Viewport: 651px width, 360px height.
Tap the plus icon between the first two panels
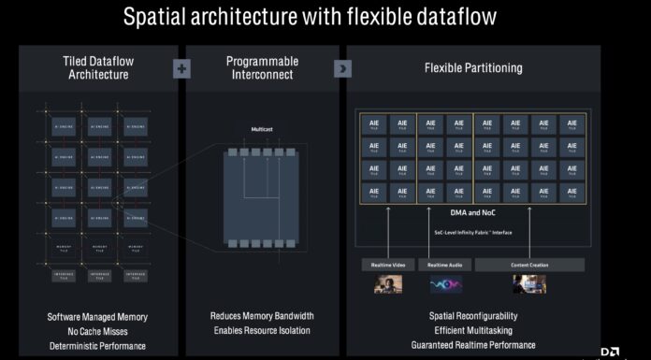pos(181,68)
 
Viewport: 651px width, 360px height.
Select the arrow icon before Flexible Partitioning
pos(343,68)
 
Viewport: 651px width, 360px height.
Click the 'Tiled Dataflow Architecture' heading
pos(96,67)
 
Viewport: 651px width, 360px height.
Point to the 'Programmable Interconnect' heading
pos(262,67)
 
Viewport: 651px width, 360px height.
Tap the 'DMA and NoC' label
pos(470,213)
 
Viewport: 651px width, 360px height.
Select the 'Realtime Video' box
pos(388,266)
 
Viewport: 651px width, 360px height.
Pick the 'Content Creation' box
pos(529,266)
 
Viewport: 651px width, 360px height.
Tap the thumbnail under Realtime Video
pos(388,284)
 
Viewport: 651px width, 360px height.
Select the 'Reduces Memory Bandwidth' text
pos(262,317)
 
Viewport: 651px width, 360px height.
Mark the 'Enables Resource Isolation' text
pos(262,331)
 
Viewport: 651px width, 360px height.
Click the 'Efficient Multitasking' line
pos(473,331)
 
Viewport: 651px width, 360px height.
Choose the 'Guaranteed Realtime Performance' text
pos(473,345)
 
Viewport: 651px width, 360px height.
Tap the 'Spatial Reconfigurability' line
pos(473,317)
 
